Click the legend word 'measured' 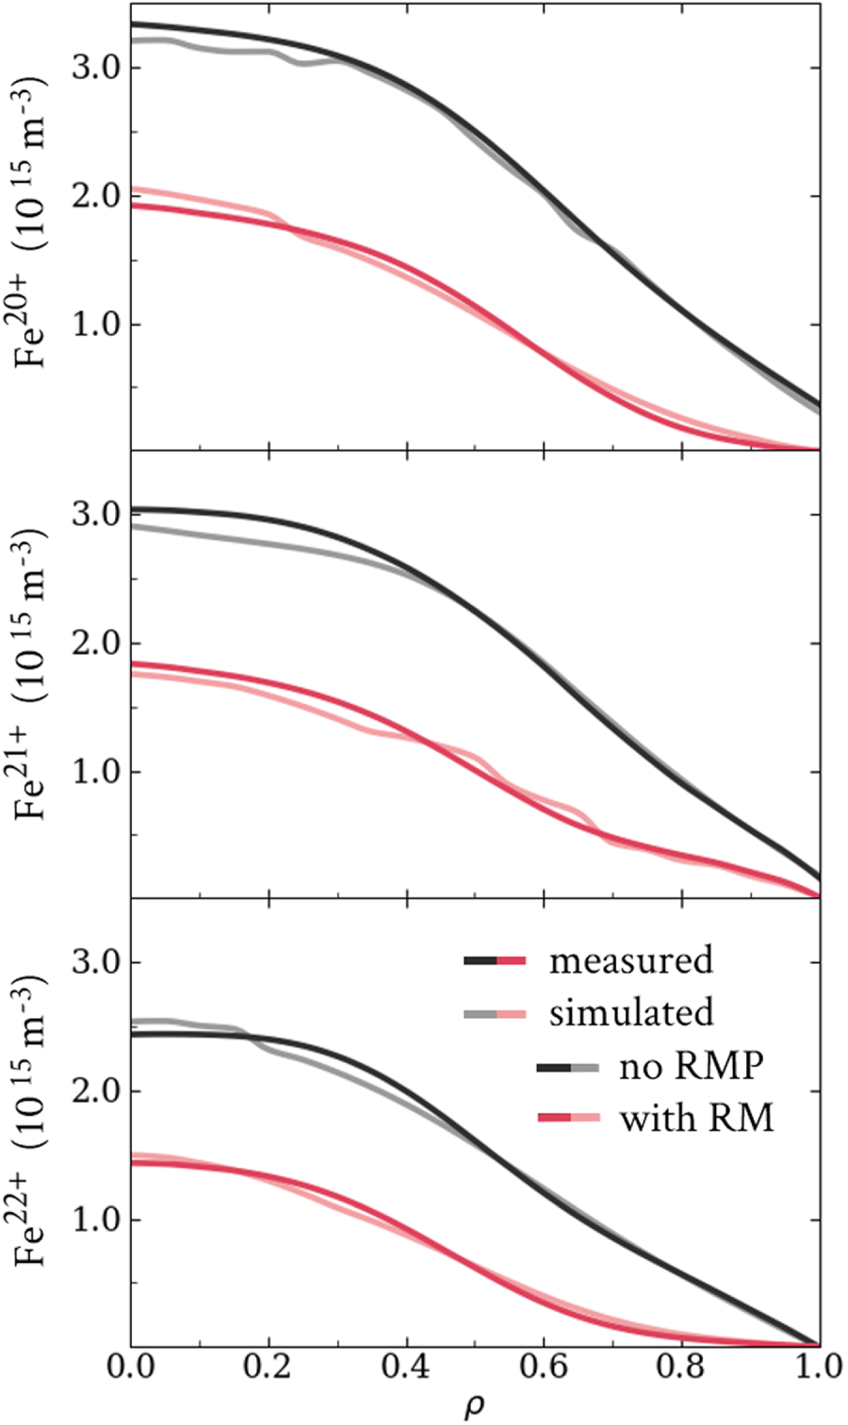point(631,961)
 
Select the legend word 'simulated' point(631,1013)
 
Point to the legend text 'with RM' point(696,1118)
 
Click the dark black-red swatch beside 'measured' point(495,961)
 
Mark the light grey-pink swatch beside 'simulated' point(495,1014)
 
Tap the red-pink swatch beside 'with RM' point(568,1118)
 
